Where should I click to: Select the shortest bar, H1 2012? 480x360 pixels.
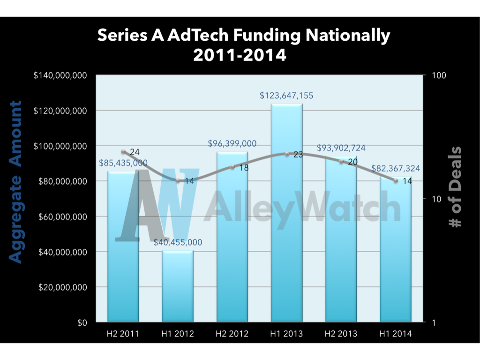coord(178,286)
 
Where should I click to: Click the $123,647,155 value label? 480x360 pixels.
coord(287,96)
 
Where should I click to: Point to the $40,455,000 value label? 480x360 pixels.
coord(178,242)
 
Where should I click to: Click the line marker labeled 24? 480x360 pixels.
coord(123,152)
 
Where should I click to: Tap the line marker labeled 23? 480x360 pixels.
coord(287,154)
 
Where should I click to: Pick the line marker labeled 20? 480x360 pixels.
coord(341,161)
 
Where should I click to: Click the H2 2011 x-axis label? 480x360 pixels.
coord(124,334)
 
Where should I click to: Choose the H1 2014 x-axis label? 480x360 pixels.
coord(396,334)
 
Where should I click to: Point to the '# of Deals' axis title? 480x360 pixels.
coord(454,187)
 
